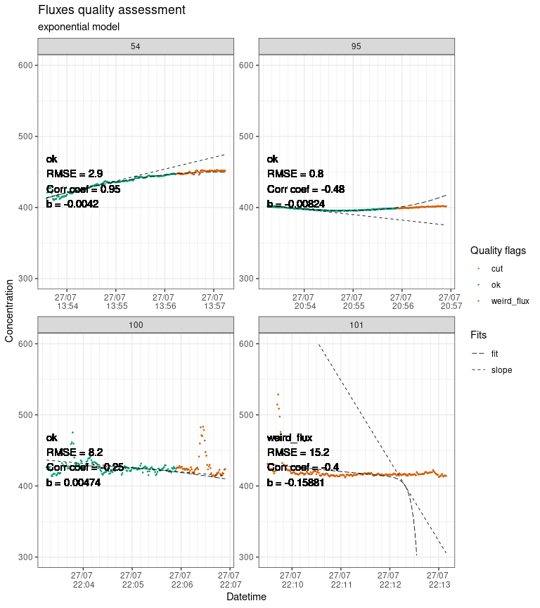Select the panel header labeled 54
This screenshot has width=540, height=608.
135,46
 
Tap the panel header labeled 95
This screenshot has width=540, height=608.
356,46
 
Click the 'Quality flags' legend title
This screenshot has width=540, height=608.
499,251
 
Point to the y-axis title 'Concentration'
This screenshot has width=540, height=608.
9,310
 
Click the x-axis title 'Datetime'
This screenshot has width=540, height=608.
246,597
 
